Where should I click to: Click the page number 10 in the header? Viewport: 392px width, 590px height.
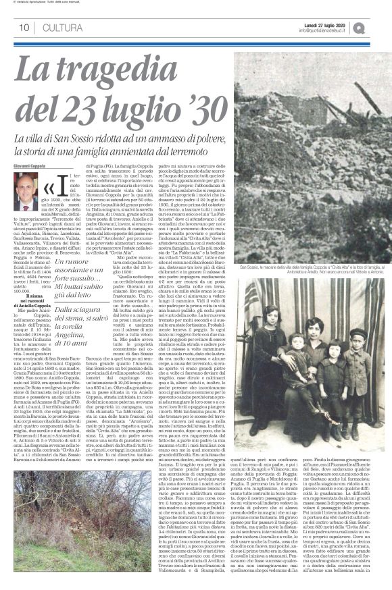pos(23,27)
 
